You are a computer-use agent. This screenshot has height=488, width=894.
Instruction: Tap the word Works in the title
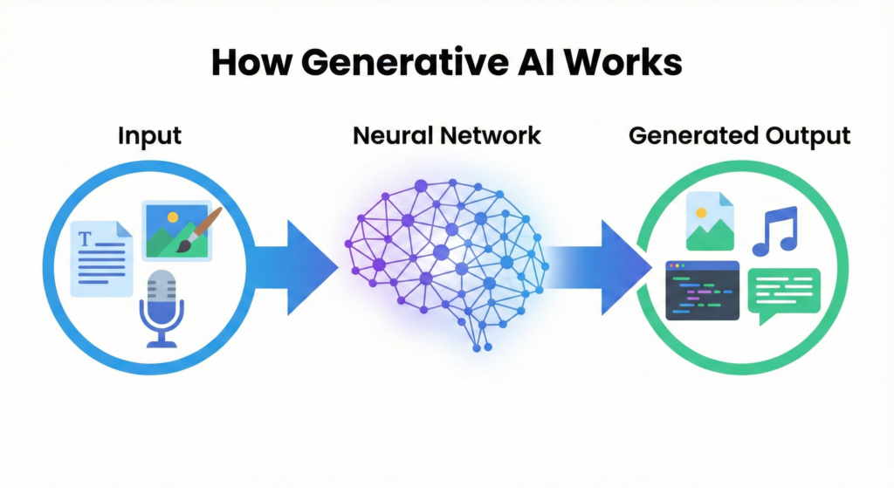click(629, 67)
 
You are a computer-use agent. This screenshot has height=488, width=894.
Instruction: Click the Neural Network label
click(446, 136)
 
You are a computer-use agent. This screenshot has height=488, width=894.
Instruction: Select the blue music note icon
click(774, 230)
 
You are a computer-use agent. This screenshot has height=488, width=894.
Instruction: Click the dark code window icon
click(702, 290)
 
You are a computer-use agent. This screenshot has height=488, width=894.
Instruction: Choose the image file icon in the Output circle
click(708, 218)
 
